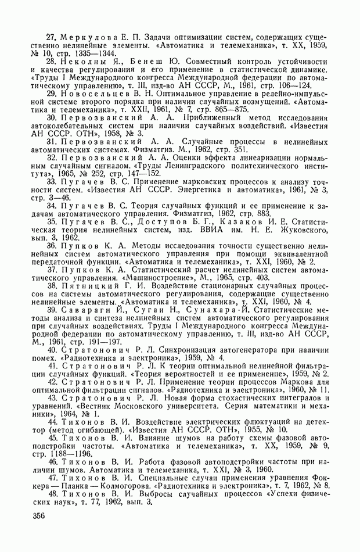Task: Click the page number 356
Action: [39, 516]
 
